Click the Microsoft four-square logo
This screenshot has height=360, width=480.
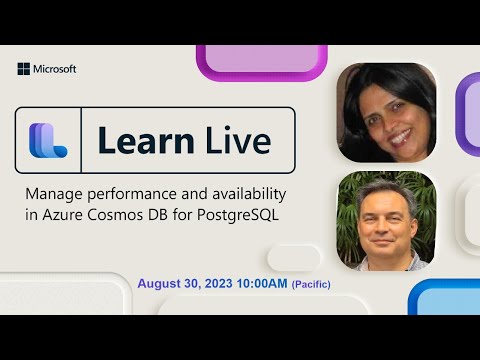tap(23, 69)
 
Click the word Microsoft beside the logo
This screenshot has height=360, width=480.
tap(54, 69)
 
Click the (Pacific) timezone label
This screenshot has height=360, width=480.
tap(311, 285)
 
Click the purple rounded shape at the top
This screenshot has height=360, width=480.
tap(262, 61)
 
